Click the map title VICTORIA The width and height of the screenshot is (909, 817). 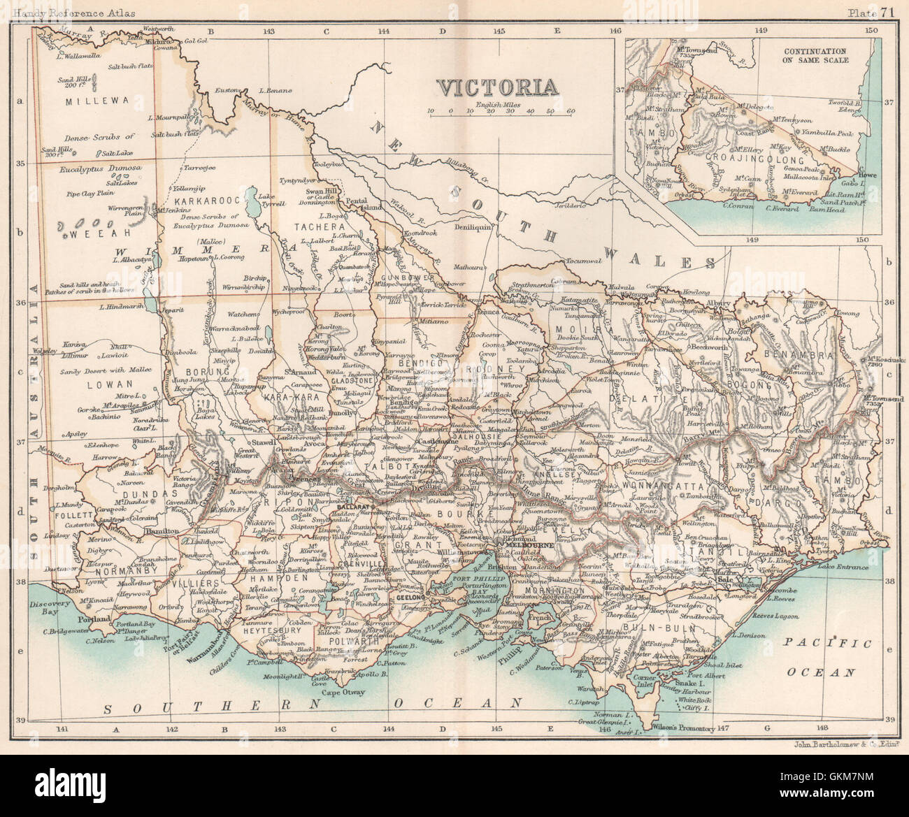(x=497, y=87)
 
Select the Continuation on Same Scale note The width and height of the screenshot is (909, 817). (x=815, y=56)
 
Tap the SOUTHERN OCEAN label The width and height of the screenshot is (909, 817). (x=313, y=707)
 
